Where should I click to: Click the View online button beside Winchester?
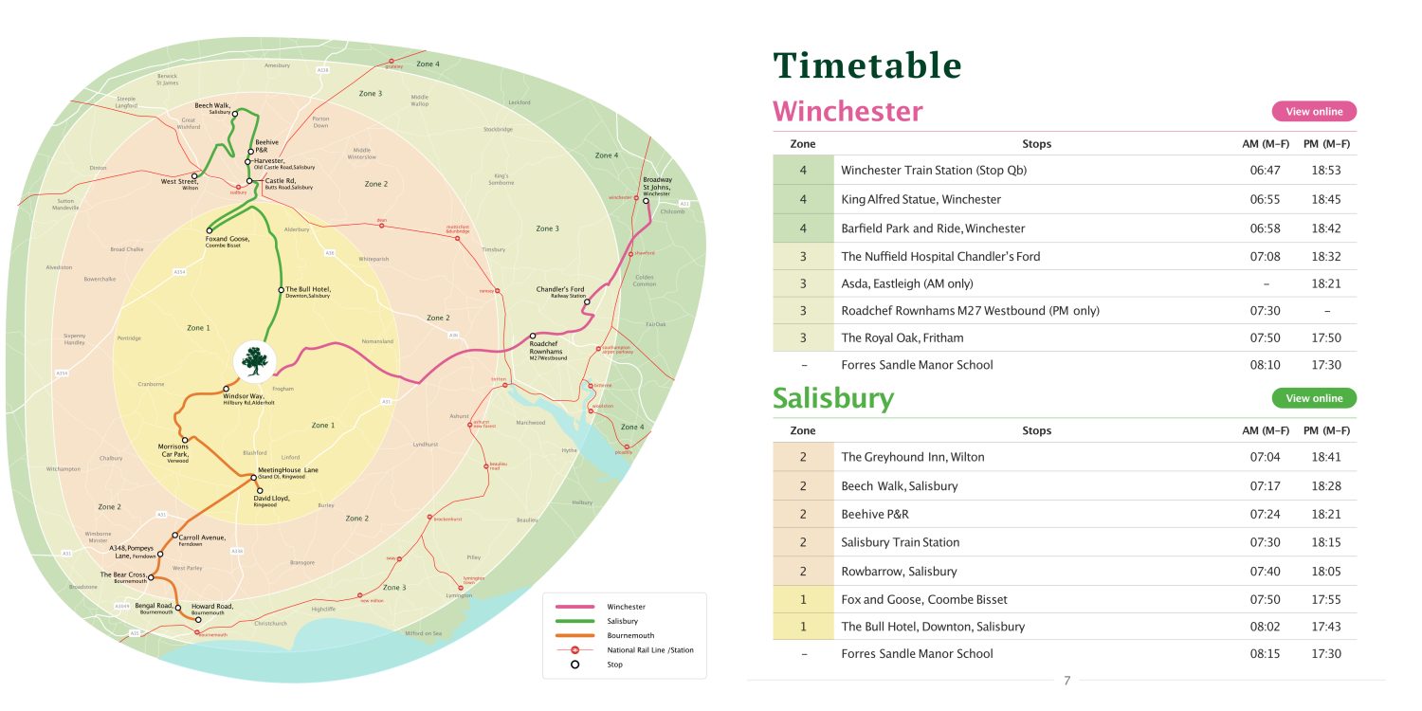[x=1314, y=111]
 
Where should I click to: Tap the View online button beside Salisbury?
[x=1314, y=398]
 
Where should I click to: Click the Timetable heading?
[x=867, y=65]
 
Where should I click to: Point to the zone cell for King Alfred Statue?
[x=803, y=200]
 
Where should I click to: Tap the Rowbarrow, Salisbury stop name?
[x=899, y=572]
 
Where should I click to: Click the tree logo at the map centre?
[x=253, y=360]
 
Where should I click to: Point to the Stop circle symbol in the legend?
[x=574, y=665]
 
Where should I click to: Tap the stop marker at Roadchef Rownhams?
[x=533, y=336]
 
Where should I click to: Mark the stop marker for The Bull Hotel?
[x=281, y=289]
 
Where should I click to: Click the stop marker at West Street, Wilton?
[x=195, y=175]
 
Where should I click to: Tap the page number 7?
[x=1066, y=680]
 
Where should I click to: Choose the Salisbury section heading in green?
[x=832, y=398]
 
